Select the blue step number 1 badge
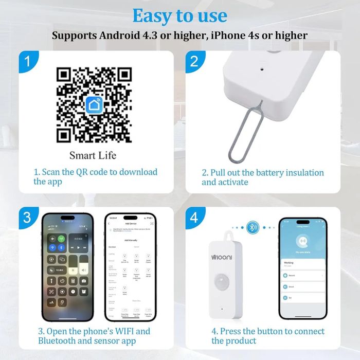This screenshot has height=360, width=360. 28,61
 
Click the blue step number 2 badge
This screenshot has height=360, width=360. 194,61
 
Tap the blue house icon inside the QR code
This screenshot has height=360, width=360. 94,105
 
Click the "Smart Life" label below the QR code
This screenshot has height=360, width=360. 93,155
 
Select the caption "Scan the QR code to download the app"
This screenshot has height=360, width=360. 96,176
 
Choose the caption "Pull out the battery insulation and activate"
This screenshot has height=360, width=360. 262,177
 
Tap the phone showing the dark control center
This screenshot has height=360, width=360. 67,266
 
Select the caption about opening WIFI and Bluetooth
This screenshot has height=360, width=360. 94,336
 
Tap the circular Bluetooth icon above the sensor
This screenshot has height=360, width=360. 252,227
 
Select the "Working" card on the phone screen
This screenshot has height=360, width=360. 303,264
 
